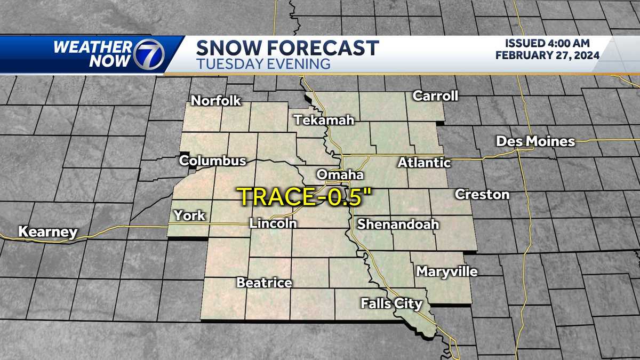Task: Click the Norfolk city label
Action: [x=216, y=100]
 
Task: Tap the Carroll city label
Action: [x=435, y=96]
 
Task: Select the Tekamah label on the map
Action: [x=324, y=120]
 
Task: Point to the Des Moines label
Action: [x=535, y=141]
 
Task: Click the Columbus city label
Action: [x=212, y=161]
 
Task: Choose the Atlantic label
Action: [x=424, y=163]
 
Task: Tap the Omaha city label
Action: [x=340, y=175]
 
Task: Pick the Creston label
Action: [x=482, y=195]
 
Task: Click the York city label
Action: [x=189, y=215]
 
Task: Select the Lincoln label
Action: [x=273, y=223]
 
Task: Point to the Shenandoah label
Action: [x=397, y=224]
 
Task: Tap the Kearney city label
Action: [x=47, y=232]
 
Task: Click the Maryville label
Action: [x=446, y=271]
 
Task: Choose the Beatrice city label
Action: [x=264, y=283]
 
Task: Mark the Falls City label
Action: [x=391, y=304]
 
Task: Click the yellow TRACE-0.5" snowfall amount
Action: [x=305, y=196]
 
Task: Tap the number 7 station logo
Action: [x=148, y=54]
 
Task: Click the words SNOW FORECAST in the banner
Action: [x=287, y=48]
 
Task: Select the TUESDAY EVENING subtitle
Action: [x=263, y=64]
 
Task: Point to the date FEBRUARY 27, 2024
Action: [x=547, y=55]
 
